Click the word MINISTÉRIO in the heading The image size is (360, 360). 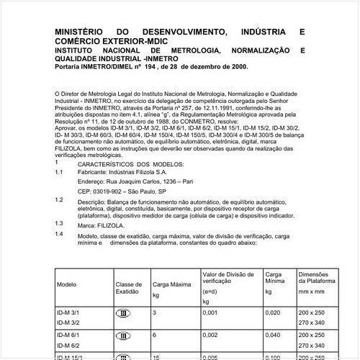tap(79, 32)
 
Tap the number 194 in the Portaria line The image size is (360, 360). tap(150, 66)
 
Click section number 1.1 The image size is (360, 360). tap(58, 172)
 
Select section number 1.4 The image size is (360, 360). tap(58, 234)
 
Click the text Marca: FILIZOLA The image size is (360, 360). tap(101, 225)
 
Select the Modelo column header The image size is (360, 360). tap(67, 284)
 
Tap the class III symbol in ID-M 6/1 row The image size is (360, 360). tap(125, 335)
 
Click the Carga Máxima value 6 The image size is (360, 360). tap(154, 335)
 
